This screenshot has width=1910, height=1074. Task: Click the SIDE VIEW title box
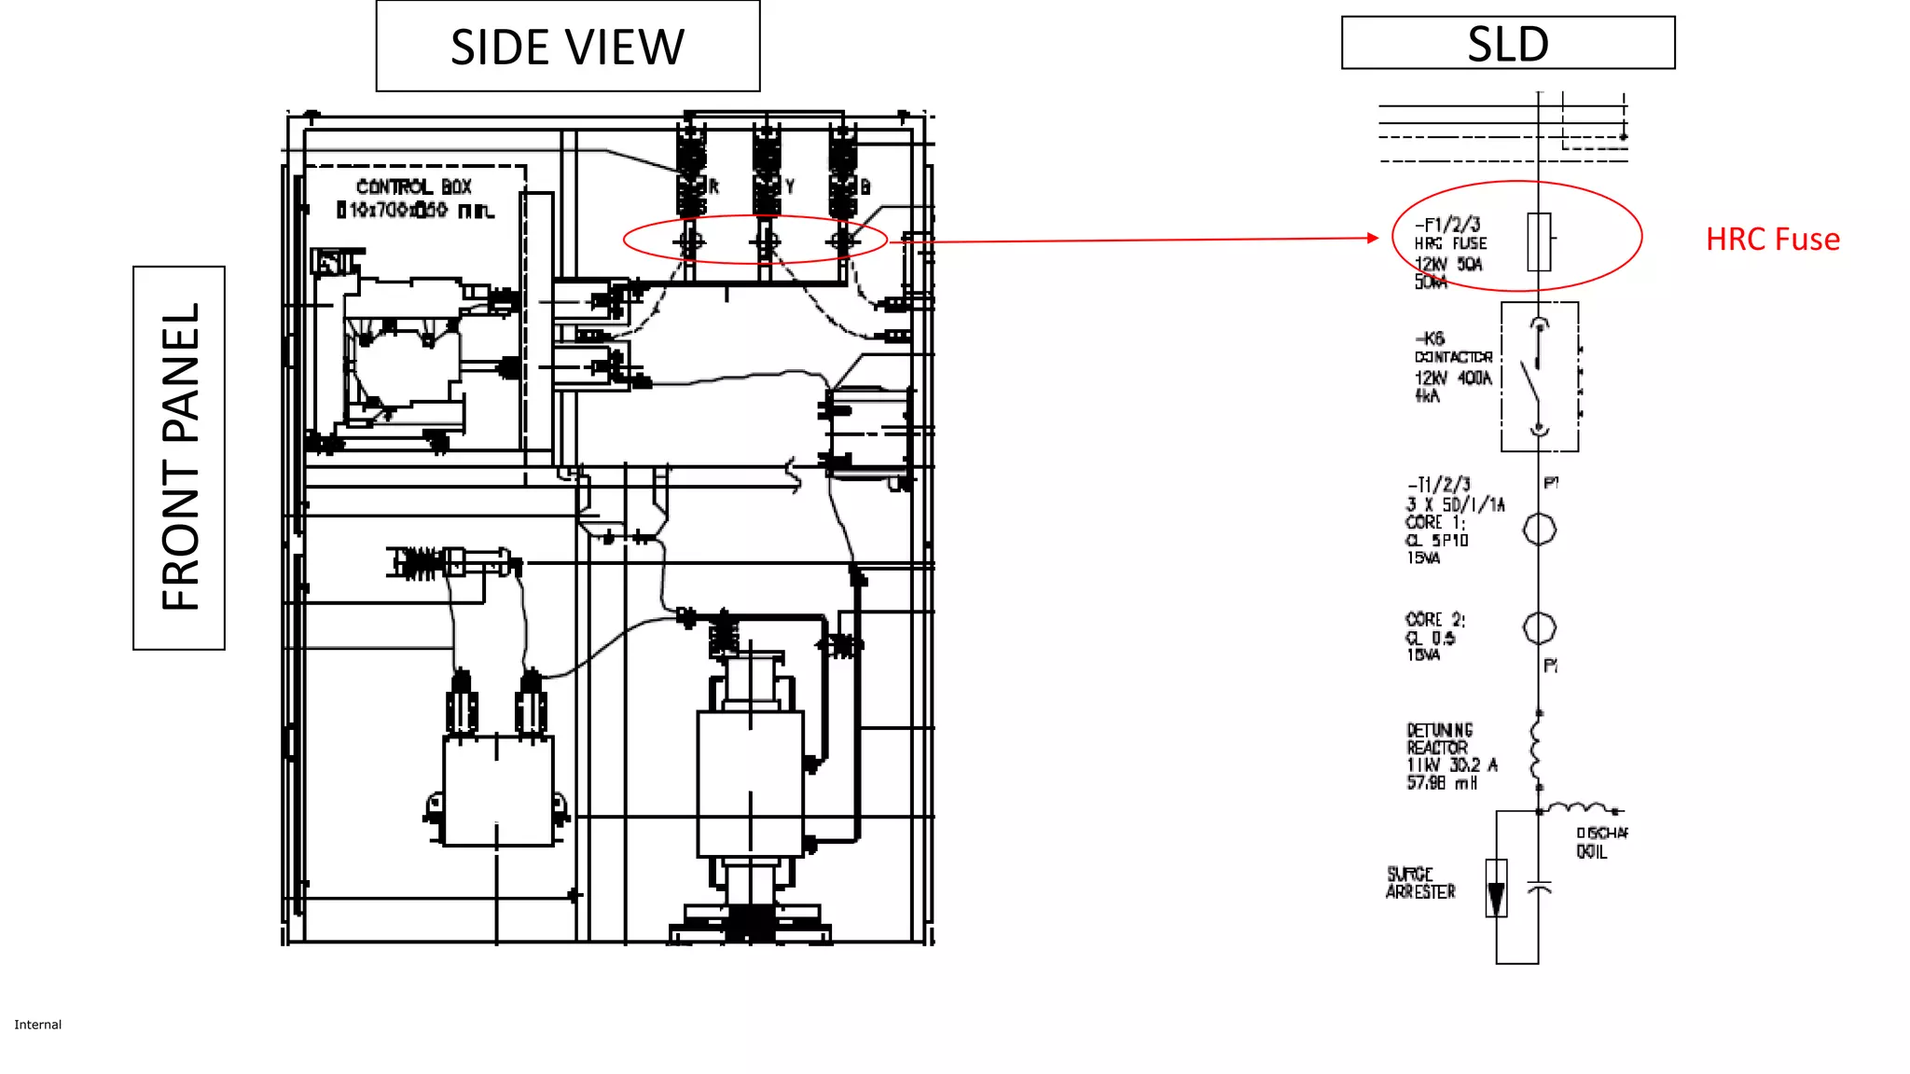(x=567, y=47)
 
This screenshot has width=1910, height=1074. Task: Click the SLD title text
(x=1507, y=44)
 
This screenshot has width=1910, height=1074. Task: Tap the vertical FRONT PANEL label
(x=180, y=457)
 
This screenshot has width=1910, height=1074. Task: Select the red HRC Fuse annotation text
(x=1772, y=240)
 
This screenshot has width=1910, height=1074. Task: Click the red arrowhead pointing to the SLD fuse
(x=1372, y=238)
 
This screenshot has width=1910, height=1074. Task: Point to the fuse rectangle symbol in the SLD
(x=1539, y=241)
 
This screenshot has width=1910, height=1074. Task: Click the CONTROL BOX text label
(x=414, y=187)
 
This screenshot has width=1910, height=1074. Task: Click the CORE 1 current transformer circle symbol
(x=1539, y=530)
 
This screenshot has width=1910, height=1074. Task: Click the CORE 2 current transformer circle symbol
(x=1539, y=627)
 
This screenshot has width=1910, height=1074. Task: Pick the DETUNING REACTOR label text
(x=1439, y=738)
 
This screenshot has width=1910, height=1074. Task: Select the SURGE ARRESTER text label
(x=1419, y=883)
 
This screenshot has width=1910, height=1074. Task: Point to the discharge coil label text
(x=1599, y=842)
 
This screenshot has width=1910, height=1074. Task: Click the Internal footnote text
(x=37, y=1025)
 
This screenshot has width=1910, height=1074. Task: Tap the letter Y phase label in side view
(x=789, y=186)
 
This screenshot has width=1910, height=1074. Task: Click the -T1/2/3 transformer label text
(x=1439, y=485)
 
